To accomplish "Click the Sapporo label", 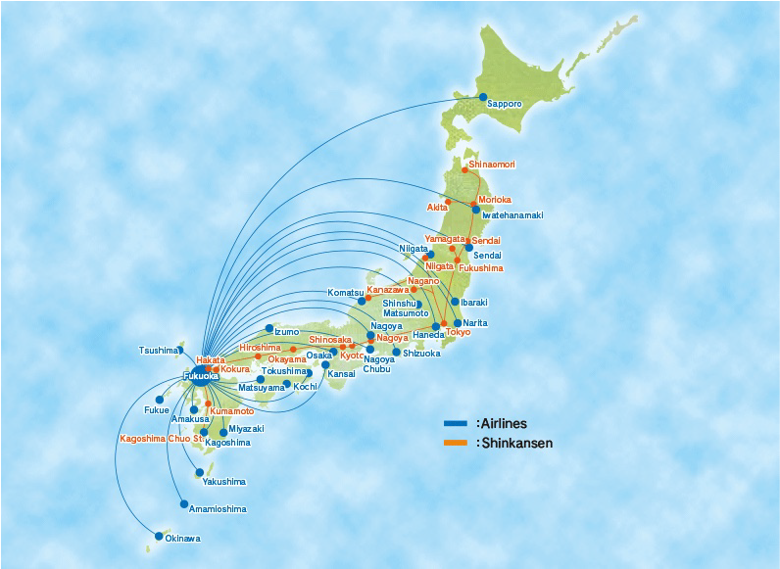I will pos(506,104).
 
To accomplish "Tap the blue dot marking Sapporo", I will pos(483,97).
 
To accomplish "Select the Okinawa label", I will pos(182,539).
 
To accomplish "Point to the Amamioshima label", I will pos(218,509).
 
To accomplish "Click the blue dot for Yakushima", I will pos(199,472).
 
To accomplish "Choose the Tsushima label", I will pos(158,351).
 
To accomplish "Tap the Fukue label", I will pos(156,410).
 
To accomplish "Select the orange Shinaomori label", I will pos(492,165).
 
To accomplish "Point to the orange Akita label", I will pos(437,208).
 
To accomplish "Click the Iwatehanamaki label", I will pos(513,215).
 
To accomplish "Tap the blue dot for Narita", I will pos(458,323).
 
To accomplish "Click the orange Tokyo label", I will pos(458,332).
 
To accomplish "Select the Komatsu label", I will pos(345,293).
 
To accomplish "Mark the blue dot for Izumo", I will pos(269,328).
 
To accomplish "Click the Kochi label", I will pos(305,387).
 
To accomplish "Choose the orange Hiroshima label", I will pos(259,348).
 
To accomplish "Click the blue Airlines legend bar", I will pos(456,424).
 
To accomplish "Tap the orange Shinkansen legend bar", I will pos(456,444).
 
